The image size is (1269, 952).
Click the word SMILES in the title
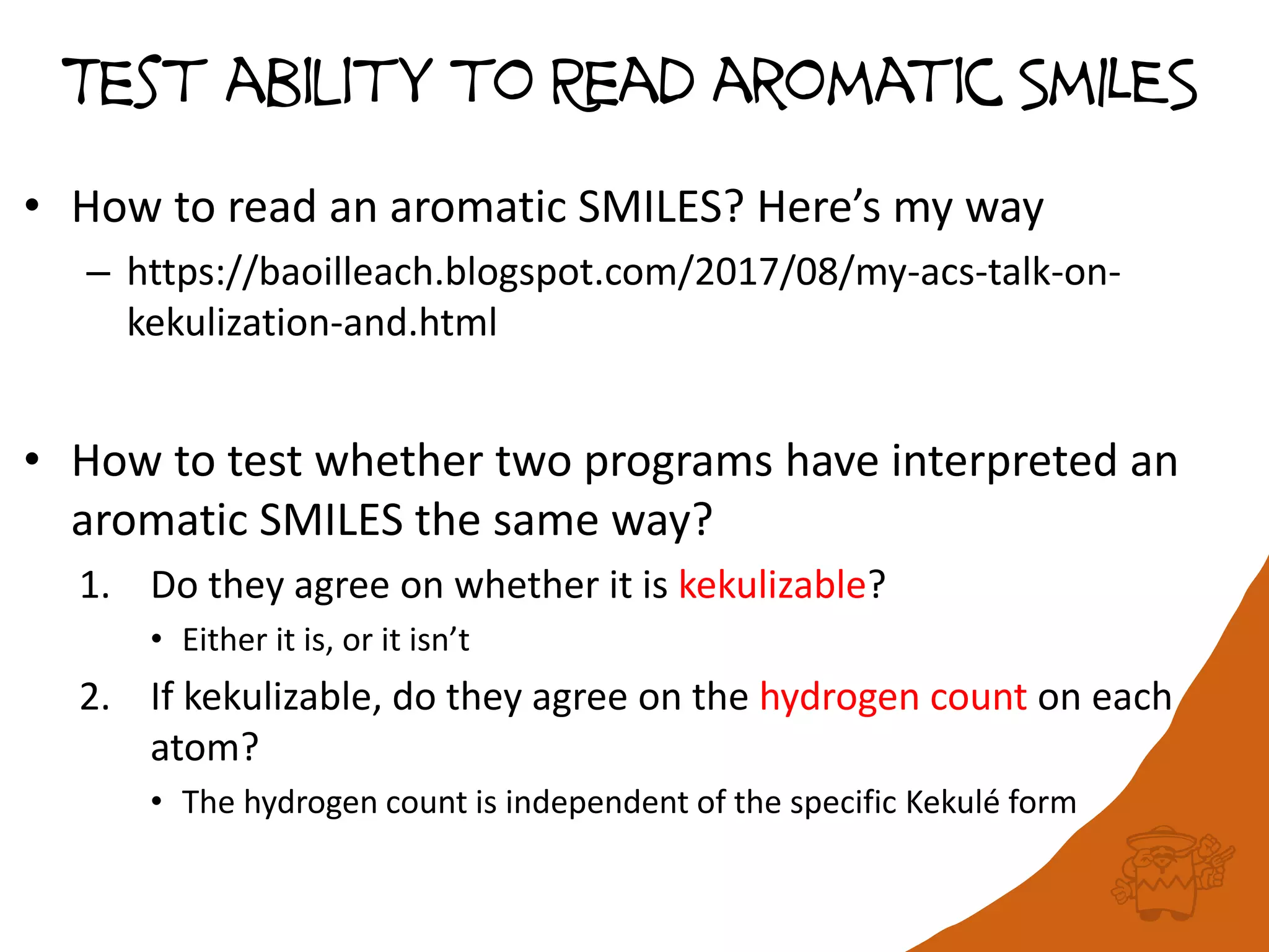click(x=1108, y=84)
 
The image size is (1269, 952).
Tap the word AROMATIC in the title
click(x=858, y=84)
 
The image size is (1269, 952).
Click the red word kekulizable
click(x=772, y=584)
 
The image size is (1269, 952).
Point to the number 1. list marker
click(x=95, y=586)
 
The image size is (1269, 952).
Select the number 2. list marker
click(x=95, y=698)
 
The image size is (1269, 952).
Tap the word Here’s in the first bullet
click(x=819, y=208)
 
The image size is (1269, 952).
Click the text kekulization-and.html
click(x=312, y=323)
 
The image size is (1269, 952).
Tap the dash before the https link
click(x=98, y=273)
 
